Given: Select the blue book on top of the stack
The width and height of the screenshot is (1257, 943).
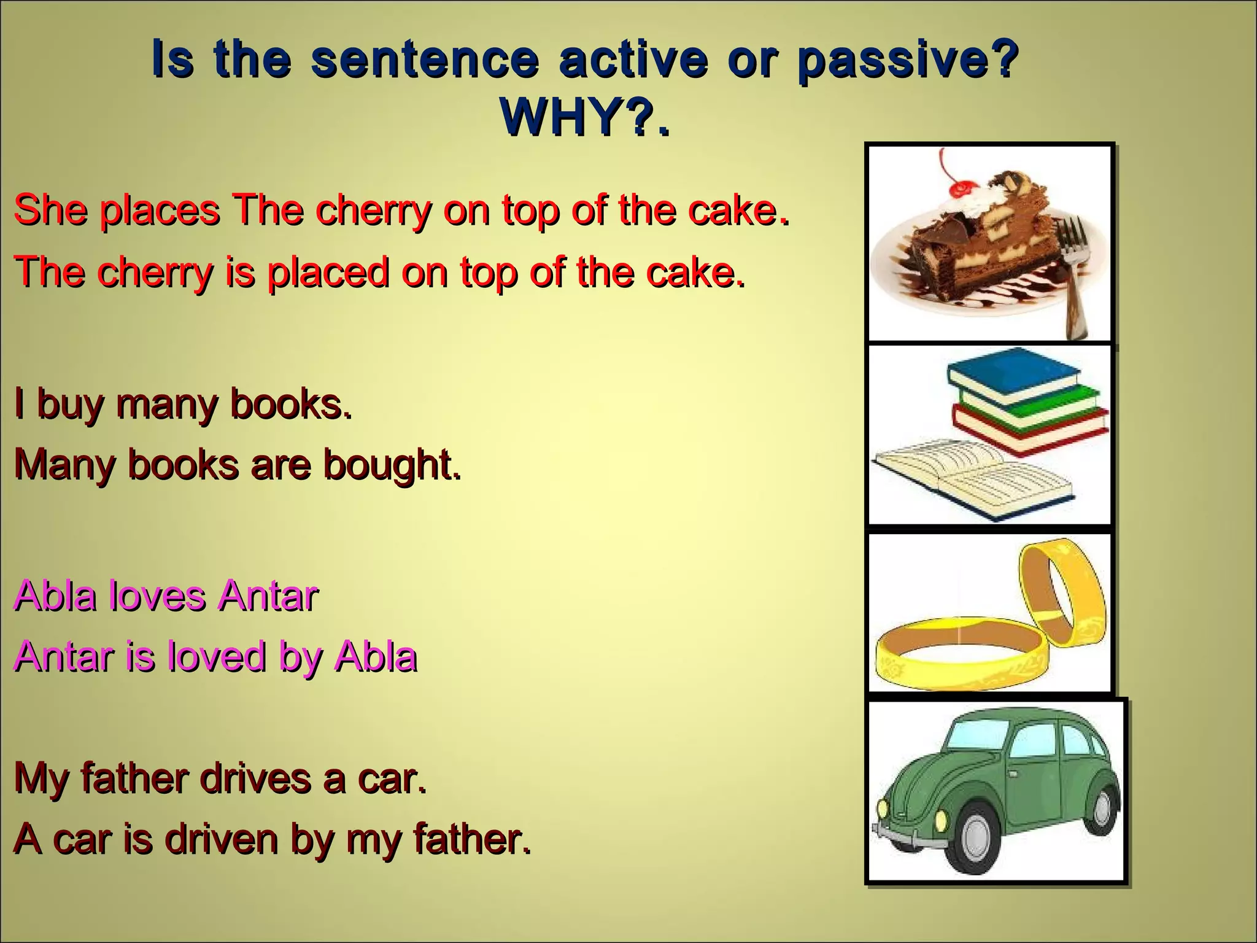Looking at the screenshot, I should click(1013, 371).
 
